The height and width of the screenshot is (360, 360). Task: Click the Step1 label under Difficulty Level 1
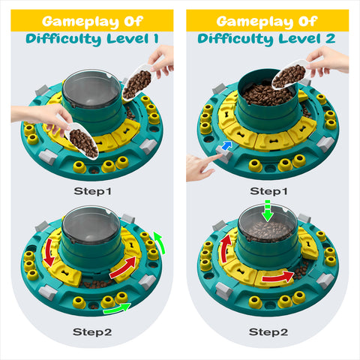(93, 191)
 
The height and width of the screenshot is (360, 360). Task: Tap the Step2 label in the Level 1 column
(93, 331)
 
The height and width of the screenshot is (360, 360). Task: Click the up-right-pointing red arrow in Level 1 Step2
(124, 266)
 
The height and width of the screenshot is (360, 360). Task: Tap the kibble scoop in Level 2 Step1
(288, 75)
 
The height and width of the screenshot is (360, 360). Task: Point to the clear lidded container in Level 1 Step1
(91, 88)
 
